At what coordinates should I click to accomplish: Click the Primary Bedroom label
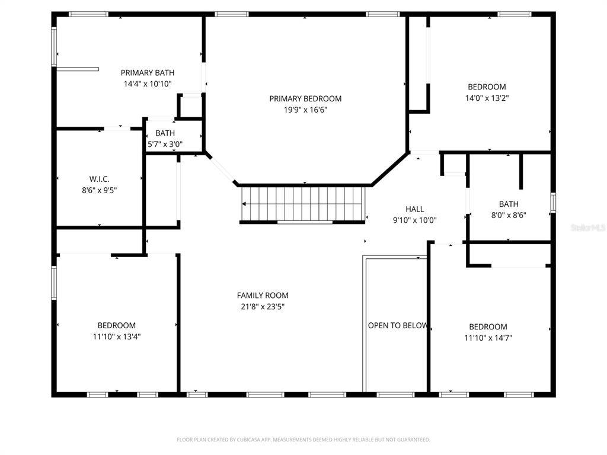[305, 99]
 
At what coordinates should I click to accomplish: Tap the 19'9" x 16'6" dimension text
[305, 110]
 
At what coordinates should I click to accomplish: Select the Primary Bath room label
[148, 73]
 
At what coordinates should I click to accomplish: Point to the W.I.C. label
[100, 179]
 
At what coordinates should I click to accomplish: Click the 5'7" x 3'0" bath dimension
[165, 145]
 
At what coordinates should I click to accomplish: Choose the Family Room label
[263, 296]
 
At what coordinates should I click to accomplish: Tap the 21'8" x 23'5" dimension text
[263, 307]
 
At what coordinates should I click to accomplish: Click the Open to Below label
[398, 326]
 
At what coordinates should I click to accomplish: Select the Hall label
[414, 209]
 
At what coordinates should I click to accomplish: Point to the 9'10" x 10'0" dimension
[414, 220]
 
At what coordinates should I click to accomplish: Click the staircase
[303, 204]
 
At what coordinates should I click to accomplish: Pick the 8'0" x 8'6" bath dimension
[509, 215]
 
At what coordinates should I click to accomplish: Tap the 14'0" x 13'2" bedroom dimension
[487, 98]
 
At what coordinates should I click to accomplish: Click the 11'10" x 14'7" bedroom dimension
[488, 338]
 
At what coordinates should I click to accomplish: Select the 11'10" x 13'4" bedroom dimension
[117, 337]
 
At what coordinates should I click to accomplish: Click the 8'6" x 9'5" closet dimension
[100, 190]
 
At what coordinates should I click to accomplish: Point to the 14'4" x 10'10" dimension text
[148, 84]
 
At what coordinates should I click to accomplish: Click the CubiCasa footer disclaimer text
[303, 440]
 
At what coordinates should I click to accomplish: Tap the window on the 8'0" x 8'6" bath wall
[553, 203]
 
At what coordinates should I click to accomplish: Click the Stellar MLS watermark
[589, 227]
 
